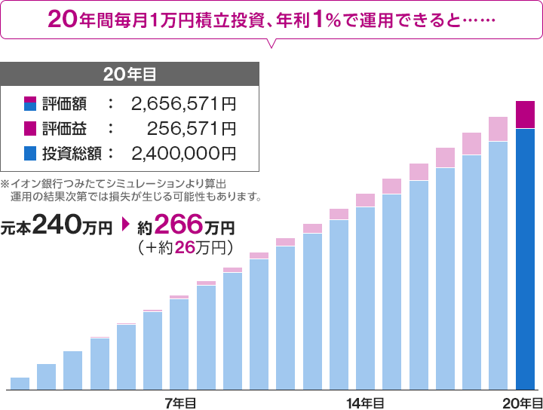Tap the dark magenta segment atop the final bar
pyautogui.click(x=525, y=115)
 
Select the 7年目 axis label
pyautogui.click(x=179, y=402)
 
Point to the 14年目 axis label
pyautogui.click(x=365, y=402)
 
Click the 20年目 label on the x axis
pyautogui.click(x=522, y=402)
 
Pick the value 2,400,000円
pyautogui.click(x=183, y=154)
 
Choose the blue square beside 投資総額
pyautogui.click(x=30, y=154)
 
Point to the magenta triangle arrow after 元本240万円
pyautogui.click(x=125, y=225)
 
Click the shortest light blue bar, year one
pyautogui.click(x=20, y=383)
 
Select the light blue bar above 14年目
pyautogui.click(x=365, y=298)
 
